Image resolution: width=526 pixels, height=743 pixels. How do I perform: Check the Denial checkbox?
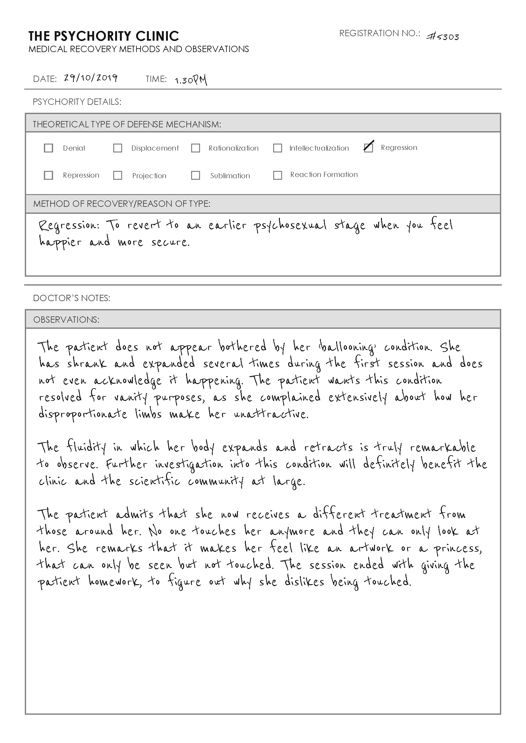pyautogui.click(x=48, y=148)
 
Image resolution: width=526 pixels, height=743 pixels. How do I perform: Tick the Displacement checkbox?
pyautogui.click(x=118, y=148)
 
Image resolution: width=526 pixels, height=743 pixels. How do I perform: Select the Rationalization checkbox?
pyautogui.click(x=196, y=148)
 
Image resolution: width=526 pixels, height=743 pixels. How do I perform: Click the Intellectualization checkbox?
pyautogui.click(x=278, y=148)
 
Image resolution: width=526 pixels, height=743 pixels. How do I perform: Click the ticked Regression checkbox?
pyautogui.click(x=368, y=148)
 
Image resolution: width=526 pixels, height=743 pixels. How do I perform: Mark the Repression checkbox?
pyautogui.click(x=48, y=175)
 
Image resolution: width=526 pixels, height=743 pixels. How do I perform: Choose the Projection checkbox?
pyautogui.click(x=118, y=175)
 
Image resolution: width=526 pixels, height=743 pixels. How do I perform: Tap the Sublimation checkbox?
pyautogui.click(x=196, y=175)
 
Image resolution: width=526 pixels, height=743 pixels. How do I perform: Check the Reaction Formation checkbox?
pyautogui.click(x=278, y=175)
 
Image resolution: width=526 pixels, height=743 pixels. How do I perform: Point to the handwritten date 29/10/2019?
pyautogui.click(x=90, y=78)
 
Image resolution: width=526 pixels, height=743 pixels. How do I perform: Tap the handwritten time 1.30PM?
pyautogui.click(x=191, y=80)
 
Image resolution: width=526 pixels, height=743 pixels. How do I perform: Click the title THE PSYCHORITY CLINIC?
pyautogui.click(x=104, y=36)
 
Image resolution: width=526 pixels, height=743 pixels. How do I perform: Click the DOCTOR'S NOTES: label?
pyautogui.click(x=72, y=298)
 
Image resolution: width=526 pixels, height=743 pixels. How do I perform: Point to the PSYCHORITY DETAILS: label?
pyautogui.click(x=77, y=102)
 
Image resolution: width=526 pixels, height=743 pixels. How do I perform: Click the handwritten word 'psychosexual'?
pyautogui.click(x=290, y=226)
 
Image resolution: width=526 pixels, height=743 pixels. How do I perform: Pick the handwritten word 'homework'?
pyautogui.click(x=115, y=582)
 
